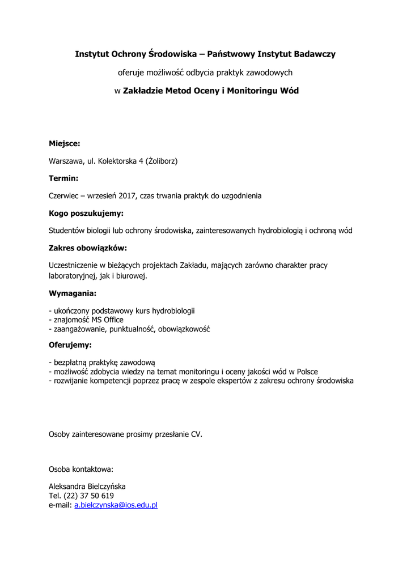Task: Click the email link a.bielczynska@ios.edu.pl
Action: coord(116,505)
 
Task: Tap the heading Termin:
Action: coord(63,178)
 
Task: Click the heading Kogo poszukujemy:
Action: coord(86,214)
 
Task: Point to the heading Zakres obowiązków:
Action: coord(87,248)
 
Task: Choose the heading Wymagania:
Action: coord(73,293)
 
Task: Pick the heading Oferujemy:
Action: coord(70,344)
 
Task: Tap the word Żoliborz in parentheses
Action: coord(162,161)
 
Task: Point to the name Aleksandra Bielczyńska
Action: coord(87,487)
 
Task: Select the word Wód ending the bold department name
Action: coord(289,91)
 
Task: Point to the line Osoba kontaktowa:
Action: coord(80,469)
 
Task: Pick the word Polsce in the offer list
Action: coord(305,372)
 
